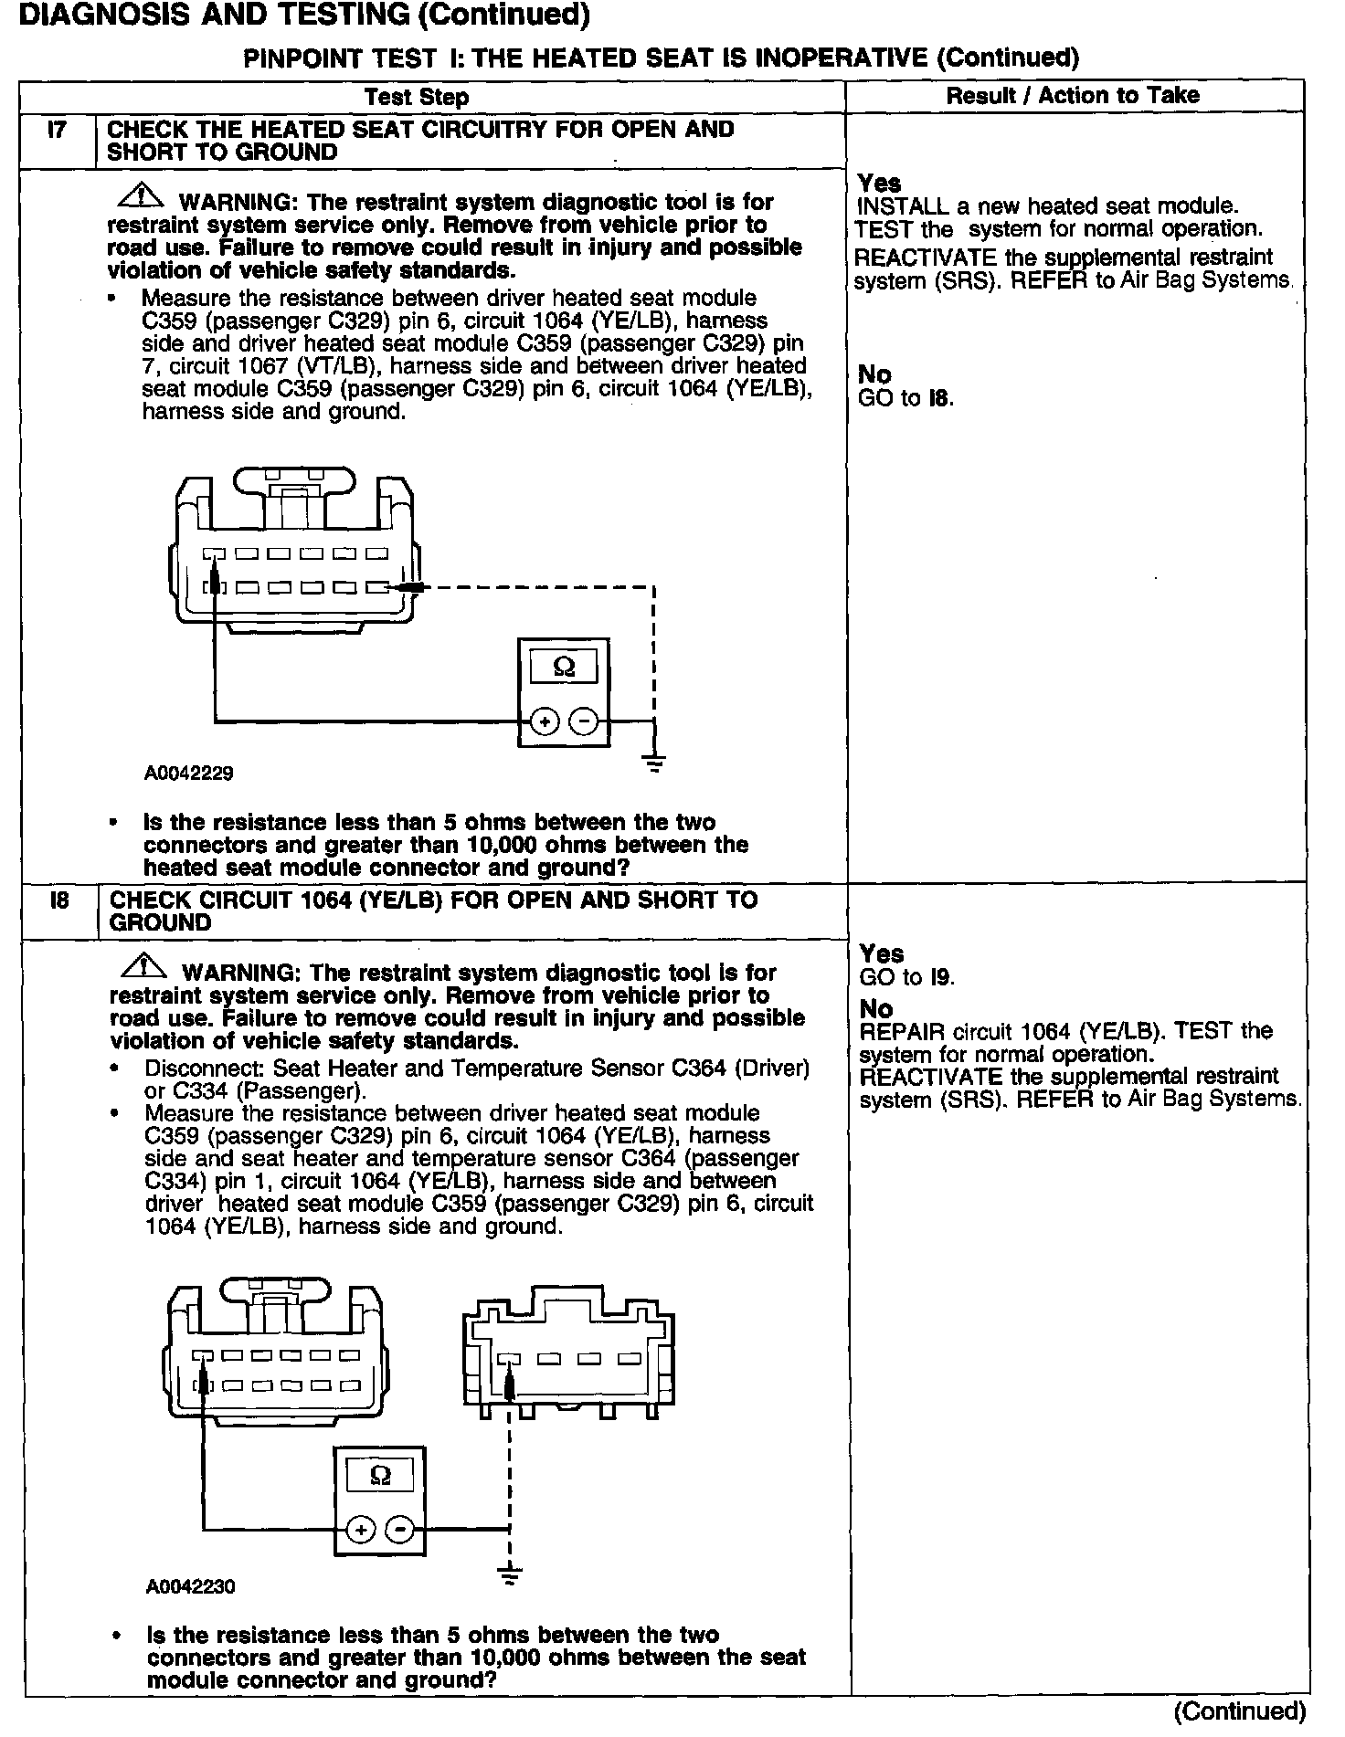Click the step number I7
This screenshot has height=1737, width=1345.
(57, 130)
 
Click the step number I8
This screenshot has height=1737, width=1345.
(59, 900)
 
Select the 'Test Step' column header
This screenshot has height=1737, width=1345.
(417, 97)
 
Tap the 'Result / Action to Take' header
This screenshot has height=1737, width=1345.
(1073, 95)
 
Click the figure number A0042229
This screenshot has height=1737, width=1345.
(188, 774)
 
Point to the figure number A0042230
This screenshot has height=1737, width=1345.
(190, 1587)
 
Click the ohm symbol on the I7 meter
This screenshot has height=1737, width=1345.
(564, 668)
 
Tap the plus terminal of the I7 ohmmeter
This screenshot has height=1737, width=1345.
(545, 722)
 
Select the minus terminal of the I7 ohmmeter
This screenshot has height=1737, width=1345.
(584, 722)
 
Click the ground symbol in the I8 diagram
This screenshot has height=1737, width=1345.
(510, 1574)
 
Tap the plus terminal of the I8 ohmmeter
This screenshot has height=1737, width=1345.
(361, 1531)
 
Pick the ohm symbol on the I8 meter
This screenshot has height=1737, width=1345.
(380, 1475)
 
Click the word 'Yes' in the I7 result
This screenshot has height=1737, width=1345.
(879, 184)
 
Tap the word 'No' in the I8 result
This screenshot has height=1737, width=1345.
(876, 1008)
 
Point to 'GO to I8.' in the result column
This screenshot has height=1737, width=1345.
(905, 398)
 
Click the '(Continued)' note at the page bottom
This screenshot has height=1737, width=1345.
(1240, 1711)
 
